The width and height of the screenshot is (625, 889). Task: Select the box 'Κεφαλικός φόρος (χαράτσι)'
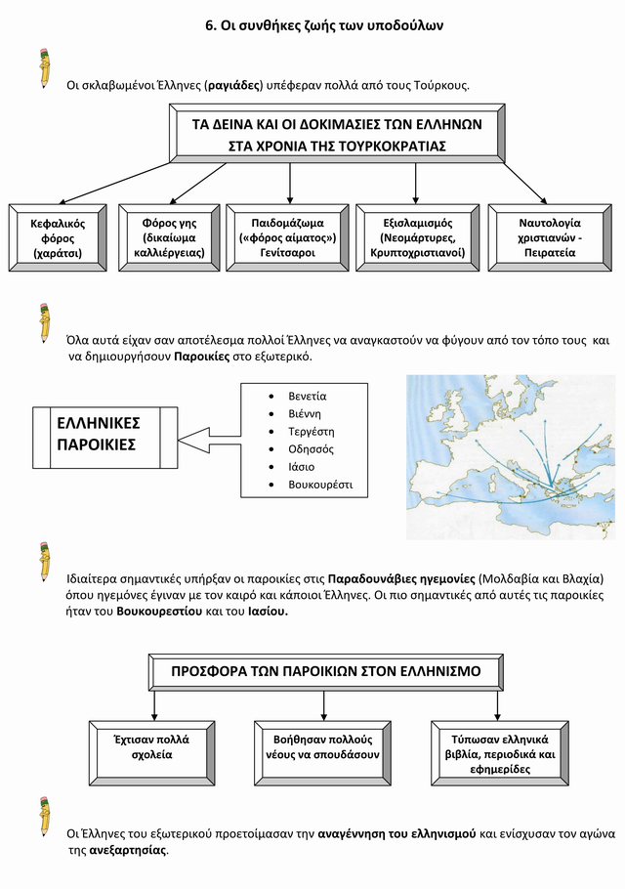pos(57,237)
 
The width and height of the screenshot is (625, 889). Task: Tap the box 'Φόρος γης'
pos(169,237)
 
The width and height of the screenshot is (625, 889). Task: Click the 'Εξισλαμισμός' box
pos(416,237)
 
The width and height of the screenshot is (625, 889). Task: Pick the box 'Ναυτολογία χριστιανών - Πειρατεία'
pos(549,237)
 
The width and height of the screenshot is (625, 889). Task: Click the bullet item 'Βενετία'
pos(307,396)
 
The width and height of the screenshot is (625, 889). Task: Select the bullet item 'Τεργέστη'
pos(311,432)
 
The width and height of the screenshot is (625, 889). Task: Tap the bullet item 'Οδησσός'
pos(311,449)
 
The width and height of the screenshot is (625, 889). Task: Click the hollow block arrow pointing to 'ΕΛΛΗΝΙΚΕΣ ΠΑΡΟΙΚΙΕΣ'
pos(211,439)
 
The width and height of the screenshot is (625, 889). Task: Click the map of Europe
pos(510,456)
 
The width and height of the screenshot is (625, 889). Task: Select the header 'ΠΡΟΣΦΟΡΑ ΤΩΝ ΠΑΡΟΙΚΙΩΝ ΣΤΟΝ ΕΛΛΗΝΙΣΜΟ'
pos(326,672)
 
